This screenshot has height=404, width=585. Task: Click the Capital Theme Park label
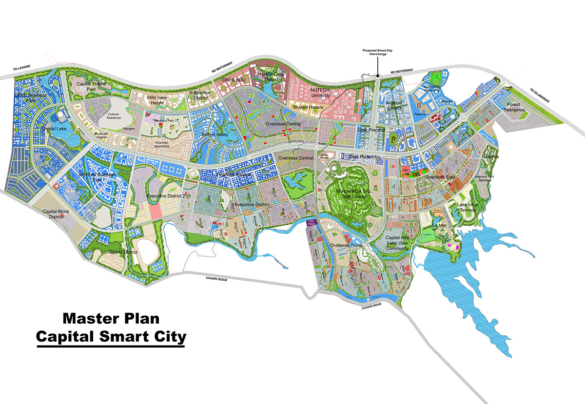91,86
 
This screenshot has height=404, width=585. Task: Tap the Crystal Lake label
54,128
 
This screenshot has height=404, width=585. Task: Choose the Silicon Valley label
215,134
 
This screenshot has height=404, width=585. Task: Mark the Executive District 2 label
166,195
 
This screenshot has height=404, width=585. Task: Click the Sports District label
123,252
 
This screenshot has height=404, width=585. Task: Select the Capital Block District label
57,214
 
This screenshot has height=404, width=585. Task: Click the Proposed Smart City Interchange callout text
378,52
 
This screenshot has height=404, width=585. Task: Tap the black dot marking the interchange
378,76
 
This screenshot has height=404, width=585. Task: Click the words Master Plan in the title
111,319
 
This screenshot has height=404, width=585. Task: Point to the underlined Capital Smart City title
111,337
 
